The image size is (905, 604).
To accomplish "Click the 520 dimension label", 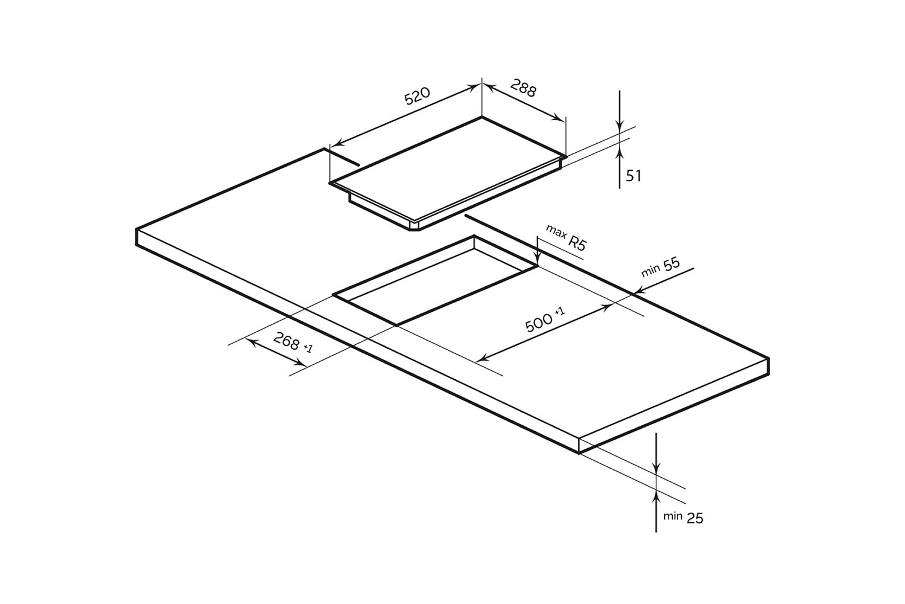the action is pos(418,96).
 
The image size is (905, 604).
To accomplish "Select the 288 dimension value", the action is pos(523,88).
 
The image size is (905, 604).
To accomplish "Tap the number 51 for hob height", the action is pos(634,176).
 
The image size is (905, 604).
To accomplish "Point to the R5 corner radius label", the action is pos(577,243).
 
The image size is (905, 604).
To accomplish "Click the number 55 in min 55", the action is pos(672,264).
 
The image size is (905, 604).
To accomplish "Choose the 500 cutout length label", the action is pos(539,323).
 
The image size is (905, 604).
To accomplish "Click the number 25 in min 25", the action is pos(695,519).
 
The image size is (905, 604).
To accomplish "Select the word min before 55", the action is pos(650,271).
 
